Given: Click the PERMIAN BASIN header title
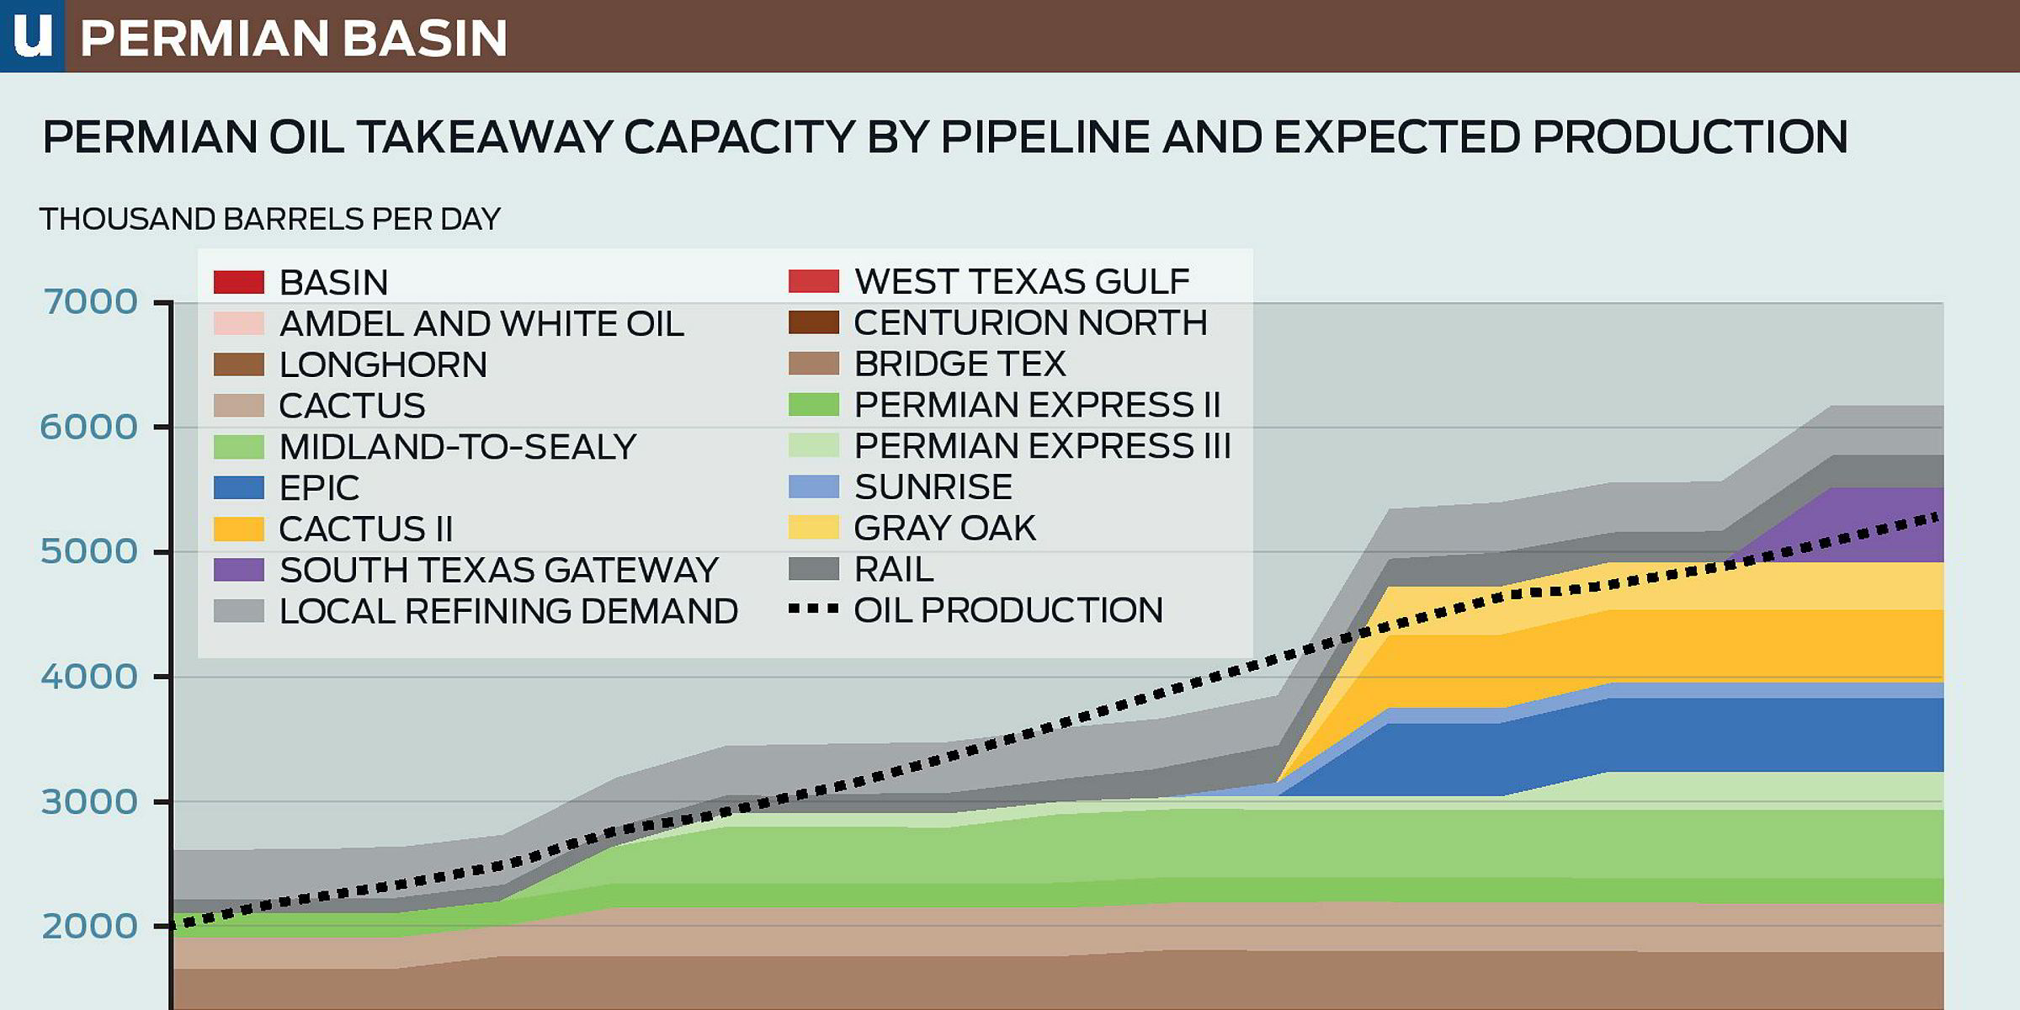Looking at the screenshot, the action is point(294,39).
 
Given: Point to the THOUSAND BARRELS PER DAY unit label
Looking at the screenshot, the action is point(270,219).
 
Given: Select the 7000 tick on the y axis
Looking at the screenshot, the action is point(89,301).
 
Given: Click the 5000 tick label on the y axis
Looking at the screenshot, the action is point(89,551).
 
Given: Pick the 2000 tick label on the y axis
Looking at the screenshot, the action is point(89,926).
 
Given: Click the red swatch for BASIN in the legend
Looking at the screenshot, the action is point(239,282).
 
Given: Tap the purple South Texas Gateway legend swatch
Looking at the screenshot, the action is point(239,570).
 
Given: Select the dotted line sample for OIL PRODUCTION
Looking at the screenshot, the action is point(814,609).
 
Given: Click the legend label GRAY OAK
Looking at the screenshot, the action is point(944,528).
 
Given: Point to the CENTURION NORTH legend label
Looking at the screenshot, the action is point(1030,322).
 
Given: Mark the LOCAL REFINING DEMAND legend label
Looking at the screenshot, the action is point(508,611).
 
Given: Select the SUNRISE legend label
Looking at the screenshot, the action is point(933,486).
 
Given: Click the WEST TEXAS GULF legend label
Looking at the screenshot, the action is point(1022,281).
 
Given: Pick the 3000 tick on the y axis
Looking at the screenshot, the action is point(89,801).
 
